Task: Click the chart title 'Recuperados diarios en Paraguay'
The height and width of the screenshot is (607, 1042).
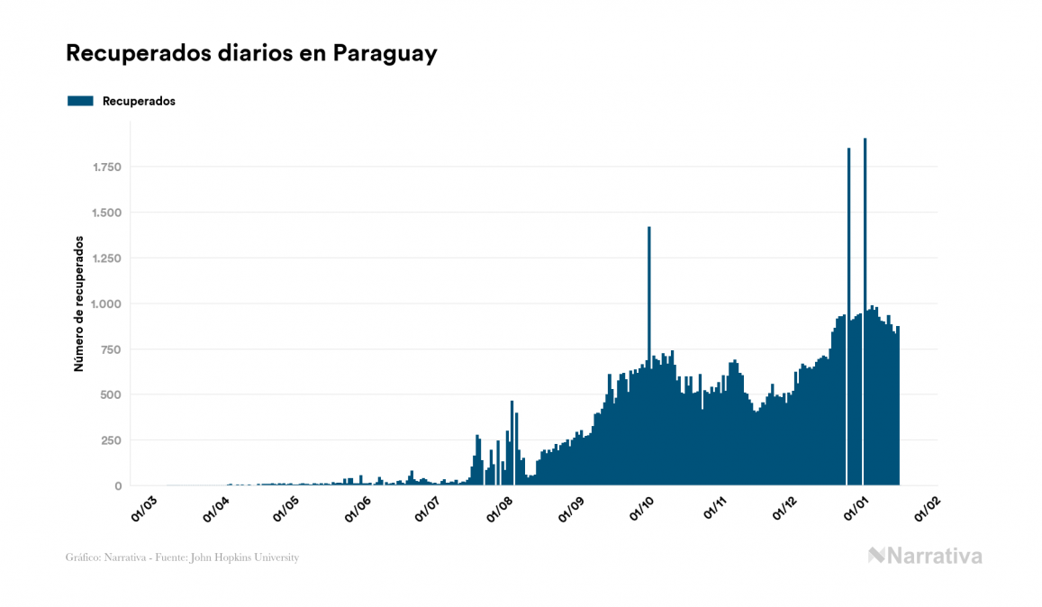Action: tap(251, 53)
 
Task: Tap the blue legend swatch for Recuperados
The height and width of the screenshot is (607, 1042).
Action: tap(80, 101)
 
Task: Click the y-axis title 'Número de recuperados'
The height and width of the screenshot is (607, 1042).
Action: tap(78, 304)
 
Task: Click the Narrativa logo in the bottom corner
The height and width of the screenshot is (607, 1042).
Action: tap(925, 556)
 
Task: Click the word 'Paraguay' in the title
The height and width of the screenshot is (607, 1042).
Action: tap(385, 53)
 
